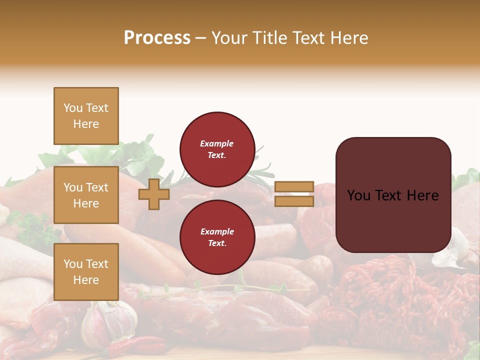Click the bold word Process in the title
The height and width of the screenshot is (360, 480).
coord(157,38)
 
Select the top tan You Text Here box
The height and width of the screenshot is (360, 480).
coord(86,116)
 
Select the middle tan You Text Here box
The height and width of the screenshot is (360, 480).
coord(86,195)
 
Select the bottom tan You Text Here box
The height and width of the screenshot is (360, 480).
coord(86,272)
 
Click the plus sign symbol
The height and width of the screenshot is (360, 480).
coord(154,194)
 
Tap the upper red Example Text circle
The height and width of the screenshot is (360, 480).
coord(217,149)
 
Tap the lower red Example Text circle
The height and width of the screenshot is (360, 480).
coord(217,237)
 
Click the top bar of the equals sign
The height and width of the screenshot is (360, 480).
coord(294,187)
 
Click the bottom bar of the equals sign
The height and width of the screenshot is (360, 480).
coord(294,201)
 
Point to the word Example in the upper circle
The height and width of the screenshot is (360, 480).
coord(217,143)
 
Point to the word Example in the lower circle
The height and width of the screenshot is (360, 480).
coord(217,231)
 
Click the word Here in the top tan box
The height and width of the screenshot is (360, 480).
coord(86,124)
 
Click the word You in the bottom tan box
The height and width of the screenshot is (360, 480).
coord(73,264)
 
